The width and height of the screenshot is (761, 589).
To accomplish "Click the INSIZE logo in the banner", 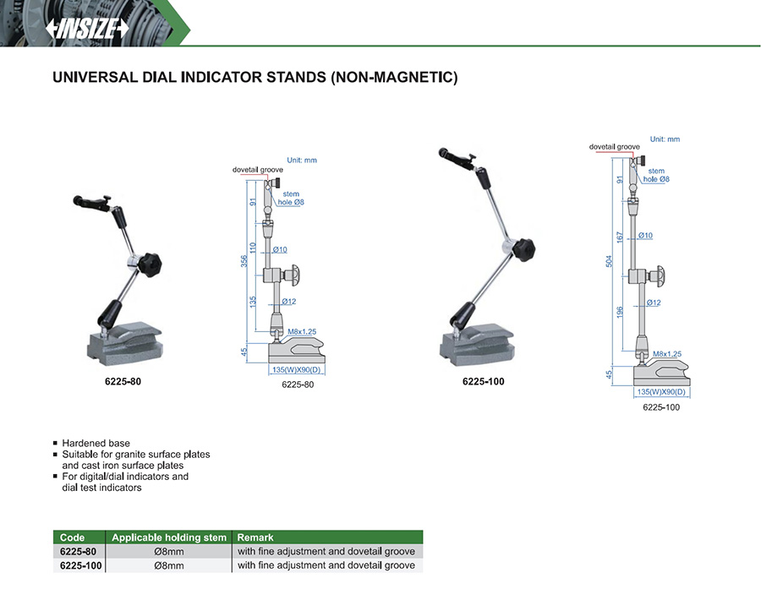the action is [87, 28].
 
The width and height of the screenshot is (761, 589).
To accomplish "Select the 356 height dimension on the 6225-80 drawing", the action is [244, 261].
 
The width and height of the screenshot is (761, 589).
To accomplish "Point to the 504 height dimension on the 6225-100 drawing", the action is [609, 261].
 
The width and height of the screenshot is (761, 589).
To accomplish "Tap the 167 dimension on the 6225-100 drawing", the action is [620, 237].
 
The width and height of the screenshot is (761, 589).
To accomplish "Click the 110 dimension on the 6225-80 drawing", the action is [252, 248].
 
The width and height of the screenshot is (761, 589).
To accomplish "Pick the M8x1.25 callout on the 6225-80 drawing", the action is [302, 332].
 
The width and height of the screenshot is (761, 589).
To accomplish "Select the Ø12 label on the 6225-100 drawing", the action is [654, 303].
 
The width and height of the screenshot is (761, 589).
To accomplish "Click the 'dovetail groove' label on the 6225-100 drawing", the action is [615, 146].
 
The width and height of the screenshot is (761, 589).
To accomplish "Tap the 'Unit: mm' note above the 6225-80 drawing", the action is [302, 160].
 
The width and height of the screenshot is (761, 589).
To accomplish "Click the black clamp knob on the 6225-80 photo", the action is [150, 265].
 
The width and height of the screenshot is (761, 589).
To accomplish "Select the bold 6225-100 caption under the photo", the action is [484, 382].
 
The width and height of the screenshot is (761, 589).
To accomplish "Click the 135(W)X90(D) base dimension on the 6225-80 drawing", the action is [297, 370].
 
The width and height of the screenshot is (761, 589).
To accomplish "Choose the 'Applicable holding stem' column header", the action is [169, 537].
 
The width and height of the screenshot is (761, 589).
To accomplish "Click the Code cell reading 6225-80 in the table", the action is [78, 552].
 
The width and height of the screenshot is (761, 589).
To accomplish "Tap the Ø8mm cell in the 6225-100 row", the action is [169, 565].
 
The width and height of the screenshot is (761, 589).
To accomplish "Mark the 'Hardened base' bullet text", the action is [96, 444].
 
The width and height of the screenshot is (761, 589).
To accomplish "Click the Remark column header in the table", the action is [255, 537].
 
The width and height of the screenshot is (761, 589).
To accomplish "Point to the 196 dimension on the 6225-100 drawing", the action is [620, 313].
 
